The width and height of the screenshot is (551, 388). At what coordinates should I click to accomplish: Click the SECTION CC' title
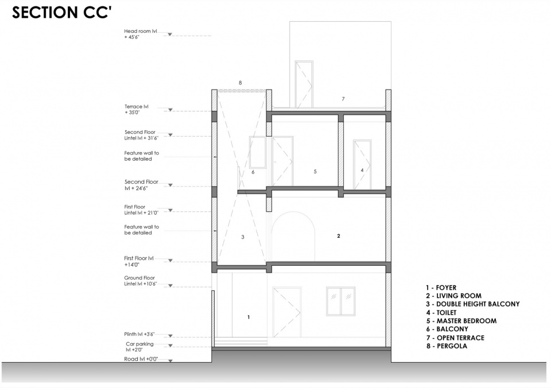[x=62, y=12]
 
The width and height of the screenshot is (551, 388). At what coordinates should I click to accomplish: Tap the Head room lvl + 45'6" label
[x=141, y=34]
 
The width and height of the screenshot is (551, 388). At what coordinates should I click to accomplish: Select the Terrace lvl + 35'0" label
[x=137, y=109]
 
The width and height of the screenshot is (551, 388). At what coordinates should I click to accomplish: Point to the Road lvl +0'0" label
[x=141, y=359]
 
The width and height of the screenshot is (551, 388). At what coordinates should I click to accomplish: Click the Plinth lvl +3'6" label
[x=139, y=334]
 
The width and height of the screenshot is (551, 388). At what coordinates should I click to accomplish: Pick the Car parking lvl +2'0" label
[x=139, y=347]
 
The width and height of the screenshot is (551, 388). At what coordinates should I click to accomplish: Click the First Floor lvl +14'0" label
[x=139, y=261]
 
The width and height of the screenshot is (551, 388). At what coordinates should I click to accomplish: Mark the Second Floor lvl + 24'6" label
[x=141, y=185]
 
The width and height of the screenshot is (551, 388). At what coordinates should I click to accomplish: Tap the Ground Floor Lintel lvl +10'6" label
[x=140, y=281]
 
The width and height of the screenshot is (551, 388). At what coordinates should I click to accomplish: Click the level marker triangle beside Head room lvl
[x=170, y=34]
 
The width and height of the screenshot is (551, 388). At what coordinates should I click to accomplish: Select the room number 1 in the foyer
[x=249, y=317]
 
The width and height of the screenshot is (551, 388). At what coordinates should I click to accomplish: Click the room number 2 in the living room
[x=339, y=236]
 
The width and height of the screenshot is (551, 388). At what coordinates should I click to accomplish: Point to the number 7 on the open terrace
[x=343, y=99]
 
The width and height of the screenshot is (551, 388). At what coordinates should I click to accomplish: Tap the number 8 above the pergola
[x=240, y=83]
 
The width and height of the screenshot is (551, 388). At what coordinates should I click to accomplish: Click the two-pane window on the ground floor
[x=340, y=301]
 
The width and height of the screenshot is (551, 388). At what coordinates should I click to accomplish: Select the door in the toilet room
[x=362, y=165]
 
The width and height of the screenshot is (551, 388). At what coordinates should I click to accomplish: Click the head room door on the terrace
[x=304, y=84]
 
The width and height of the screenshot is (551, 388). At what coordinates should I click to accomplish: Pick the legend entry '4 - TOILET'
[x=441, y=312]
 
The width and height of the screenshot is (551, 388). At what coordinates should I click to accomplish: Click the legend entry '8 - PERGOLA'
[x=447, y=346]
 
